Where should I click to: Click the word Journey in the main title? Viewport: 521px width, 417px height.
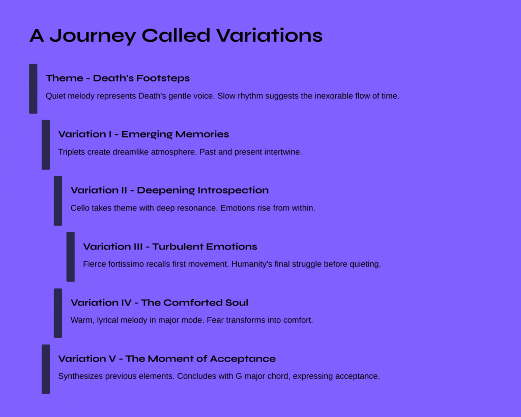(93, 36)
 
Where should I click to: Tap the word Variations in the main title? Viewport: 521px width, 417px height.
(270, 35)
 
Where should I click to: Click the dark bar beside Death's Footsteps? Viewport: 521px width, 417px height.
(33, 89)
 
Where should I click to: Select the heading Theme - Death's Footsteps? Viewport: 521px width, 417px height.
(118, 78)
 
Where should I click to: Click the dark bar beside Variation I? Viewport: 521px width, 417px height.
(46, 145)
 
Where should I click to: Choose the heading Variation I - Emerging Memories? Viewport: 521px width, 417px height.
(143, 134)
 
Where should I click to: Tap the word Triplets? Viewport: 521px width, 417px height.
(72, 152)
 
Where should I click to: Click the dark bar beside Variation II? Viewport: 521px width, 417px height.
(58, 201)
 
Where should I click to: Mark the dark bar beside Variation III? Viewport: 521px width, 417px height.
(70, 257)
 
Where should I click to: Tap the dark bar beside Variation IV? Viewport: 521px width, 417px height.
(58, 313)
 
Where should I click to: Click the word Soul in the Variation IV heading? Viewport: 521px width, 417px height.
(237, 302)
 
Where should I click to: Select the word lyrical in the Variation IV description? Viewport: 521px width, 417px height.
(107, 320)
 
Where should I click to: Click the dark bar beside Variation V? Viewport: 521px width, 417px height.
(46, 369)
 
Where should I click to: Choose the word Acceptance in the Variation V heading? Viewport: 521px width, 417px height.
(243, 359)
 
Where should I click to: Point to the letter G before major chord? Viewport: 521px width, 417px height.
(239, 376)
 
